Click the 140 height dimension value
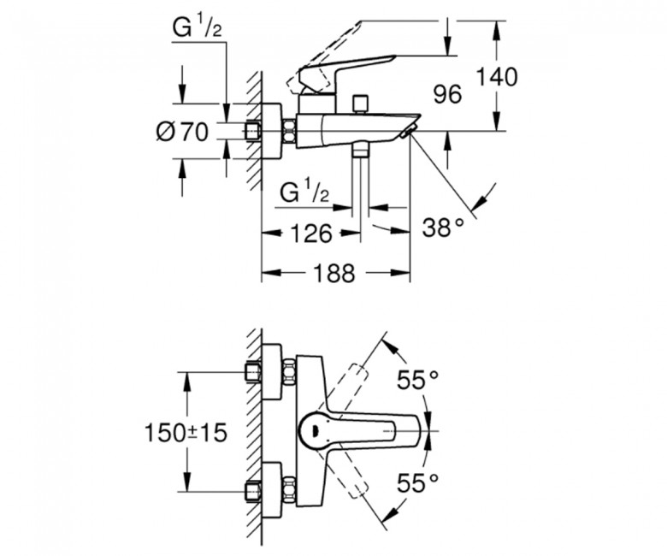pyautogui.click(x=497, y=77)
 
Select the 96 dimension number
pyautogui.click(x=447, y=94)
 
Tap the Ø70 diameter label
pyautogui.click(x=182, y=132)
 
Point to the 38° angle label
pyautogui.click(x=443, y=228)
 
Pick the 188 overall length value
pyautogui.click(x=333, y=273)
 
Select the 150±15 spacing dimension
pyautogui.click(x=186, y=434)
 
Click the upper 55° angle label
pyautogui.click(x=417, y=380)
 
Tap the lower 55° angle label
pyautogui.click(x=417, y=482)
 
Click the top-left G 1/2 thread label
pyautogui.click(x=197, y=28)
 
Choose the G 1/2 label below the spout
pyautogui.click(x=304, y=192)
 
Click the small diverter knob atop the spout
pyautogui.click(x=360, y=104)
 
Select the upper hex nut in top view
pyautogui.click(x=289, y=372)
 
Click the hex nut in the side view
pyautogui.click(x=289, y=132)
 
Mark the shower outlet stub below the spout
pyautogui.click(x=361, y=151)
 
